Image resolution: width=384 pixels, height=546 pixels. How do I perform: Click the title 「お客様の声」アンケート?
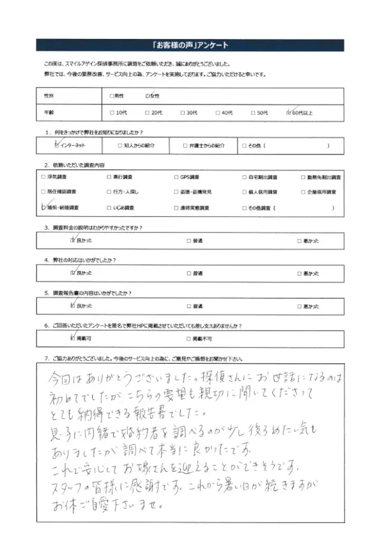(191, 45)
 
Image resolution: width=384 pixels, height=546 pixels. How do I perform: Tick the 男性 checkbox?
(112, 95)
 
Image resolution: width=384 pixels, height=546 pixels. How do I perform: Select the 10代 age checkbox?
(112, 113)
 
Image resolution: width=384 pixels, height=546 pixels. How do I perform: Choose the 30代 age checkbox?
(183, 113)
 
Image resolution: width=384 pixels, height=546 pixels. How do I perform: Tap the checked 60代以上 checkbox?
(290, 113)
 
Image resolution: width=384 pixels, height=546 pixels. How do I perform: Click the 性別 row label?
(49, 95)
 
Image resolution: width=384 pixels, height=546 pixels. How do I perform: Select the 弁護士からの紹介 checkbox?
(184, 146)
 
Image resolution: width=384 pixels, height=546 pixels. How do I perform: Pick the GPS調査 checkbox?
(176, 176)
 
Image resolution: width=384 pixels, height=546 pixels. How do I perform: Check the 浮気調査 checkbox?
(43, 176)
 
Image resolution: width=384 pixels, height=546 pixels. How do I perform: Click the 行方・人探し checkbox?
(108, 192)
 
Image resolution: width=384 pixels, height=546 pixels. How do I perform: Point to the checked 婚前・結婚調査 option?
(43, 208)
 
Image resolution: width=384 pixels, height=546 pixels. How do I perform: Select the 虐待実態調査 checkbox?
(176, 208)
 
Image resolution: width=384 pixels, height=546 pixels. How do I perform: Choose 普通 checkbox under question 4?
(189, 273)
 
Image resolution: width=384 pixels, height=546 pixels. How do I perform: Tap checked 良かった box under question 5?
(72, 306)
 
